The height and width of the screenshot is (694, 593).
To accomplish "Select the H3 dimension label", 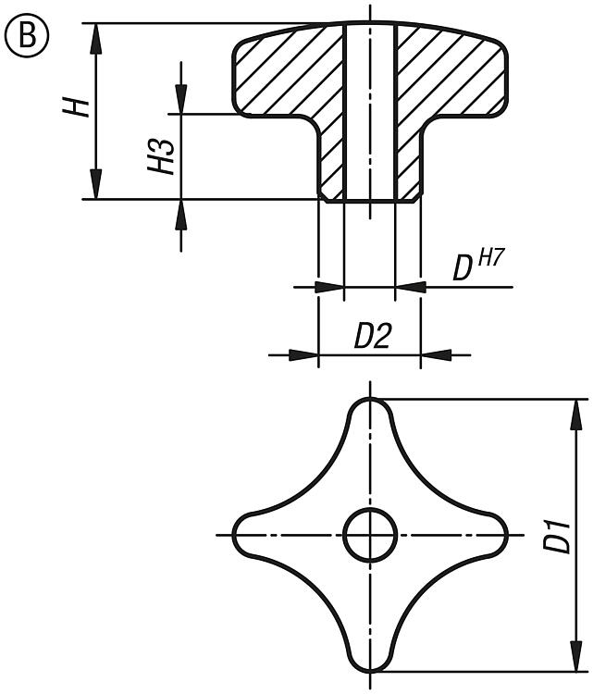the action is pos(161,156).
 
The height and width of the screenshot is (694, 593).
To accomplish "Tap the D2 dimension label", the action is pos(372,336).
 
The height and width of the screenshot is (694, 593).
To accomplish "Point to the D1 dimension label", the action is pos(557,538).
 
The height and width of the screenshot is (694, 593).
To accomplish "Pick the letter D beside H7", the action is pos(463,268).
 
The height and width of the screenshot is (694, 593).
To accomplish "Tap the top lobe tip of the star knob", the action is pos(370,399).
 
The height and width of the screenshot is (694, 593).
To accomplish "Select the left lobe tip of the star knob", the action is pos(234,535).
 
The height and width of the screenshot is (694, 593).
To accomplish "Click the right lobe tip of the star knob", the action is pos(507,535).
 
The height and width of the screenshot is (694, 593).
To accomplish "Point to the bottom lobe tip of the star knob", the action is pos(370,672).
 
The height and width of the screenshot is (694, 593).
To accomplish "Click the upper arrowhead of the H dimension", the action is pos(96,39).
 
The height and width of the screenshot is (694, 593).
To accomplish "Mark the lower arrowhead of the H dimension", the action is pos(96,184).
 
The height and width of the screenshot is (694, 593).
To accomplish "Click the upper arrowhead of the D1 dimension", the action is pos(575,415).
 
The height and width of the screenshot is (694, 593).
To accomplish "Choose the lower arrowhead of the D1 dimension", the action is pos(575,656).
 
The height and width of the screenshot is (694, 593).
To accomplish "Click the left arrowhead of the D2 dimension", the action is pos(303,354).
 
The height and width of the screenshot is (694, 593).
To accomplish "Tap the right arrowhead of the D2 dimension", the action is pos(436,354).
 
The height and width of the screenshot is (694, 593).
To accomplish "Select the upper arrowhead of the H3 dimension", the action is pos(181,99).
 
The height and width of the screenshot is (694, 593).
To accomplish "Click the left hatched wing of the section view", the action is pos(283,75).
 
